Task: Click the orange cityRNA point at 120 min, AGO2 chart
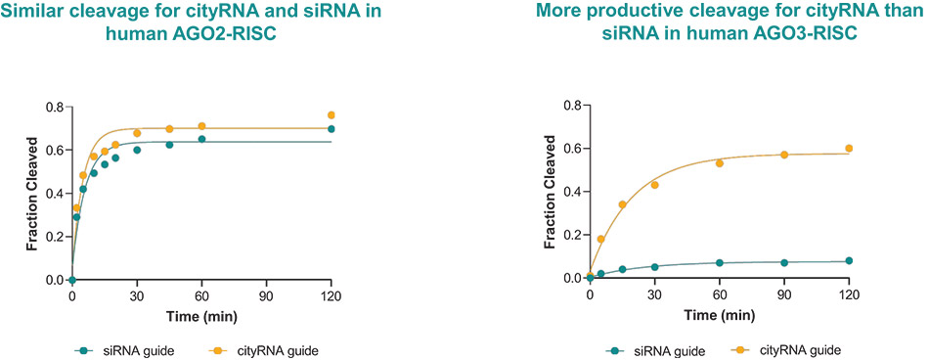332,115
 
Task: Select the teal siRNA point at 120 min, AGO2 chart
332,129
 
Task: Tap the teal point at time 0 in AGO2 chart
72,280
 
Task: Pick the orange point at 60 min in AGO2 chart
201,126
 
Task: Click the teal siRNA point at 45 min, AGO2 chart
169,145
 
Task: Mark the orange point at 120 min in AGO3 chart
849,149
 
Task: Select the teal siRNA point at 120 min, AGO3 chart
849,260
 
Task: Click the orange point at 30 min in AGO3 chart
654,185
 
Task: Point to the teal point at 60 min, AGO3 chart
720,263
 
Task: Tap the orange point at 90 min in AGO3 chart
784,155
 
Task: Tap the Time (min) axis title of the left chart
201,317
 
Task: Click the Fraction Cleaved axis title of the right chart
550,192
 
